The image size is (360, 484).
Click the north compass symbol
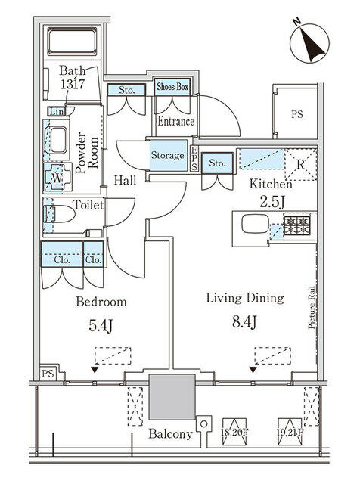click(x=309, y=42)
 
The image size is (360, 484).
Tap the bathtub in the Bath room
click(x=73, y=42)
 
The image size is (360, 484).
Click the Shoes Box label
click(x=172, y=87)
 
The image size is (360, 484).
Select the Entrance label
click(x=175, y=121)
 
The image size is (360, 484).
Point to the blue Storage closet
click(x=168, y=155)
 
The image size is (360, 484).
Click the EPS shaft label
click(x=194, y=158)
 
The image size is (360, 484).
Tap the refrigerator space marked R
click(x=300, y=165)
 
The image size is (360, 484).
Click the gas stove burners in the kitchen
click(x=297, y=225)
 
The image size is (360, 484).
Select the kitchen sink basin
click(x=255, y=224)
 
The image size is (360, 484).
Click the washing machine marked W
click(x=57, y=178)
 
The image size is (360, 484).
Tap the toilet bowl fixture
click(x=60, y=214)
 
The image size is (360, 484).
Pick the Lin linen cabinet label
click(x=56, y=111)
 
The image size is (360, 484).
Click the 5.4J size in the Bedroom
click(x=101, y=326)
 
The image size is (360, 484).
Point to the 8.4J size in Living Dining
click(x=244, y=322)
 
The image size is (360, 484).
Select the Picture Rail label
click(x=312, y=308)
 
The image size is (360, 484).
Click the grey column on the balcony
click(x=172, y=396)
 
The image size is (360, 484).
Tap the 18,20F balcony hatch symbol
click(x=234, y=432)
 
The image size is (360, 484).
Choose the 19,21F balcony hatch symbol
click(x=290, y=432)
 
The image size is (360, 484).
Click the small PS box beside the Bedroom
click(x=48, y=374)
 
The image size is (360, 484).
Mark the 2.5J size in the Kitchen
click(x=272, y=202)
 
